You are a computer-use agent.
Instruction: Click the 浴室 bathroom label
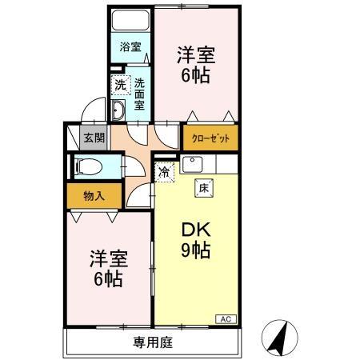(x=130, y=47)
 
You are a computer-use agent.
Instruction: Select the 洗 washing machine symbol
(x=120, y=85)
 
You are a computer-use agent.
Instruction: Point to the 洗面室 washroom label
(x=140, y=93)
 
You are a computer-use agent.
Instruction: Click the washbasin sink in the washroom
(x=118, y=110)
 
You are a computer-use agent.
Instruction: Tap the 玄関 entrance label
(x=94, y=137)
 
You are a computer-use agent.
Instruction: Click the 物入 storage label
(x=94, y=194)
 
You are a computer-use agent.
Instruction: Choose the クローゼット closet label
(x=210, y=138)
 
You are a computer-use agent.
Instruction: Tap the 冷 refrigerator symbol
(x=164, y=170)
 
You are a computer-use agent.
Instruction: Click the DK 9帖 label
(x=195, y=239)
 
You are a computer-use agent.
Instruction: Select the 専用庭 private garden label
(x=153, y=343)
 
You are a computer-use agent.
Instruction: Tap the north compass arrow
(x=279, y=337)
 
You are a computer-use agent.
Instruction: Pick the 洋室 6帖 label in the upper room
(x=195, y=66)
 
